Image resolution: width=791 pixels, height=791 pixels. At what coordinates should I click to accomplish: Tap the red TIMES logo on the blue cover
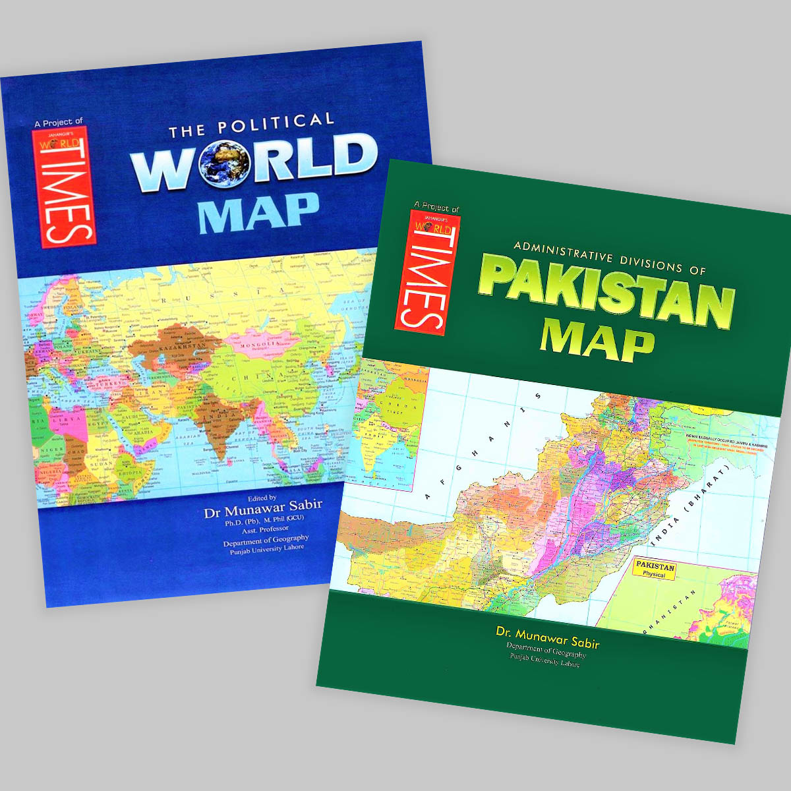click(x=64, y=187)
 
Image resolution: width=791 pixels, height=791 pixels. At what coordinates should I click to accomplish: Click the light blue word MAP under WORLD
click(x=258, y=213)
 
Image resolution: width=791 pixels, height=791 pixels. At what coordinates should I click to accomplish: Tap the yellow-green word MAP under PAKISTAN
click(x=597, y=341)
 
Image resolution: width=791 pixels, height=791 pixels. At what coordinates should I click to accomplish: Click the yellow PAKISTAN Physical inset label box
click(x=655, y=570)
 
